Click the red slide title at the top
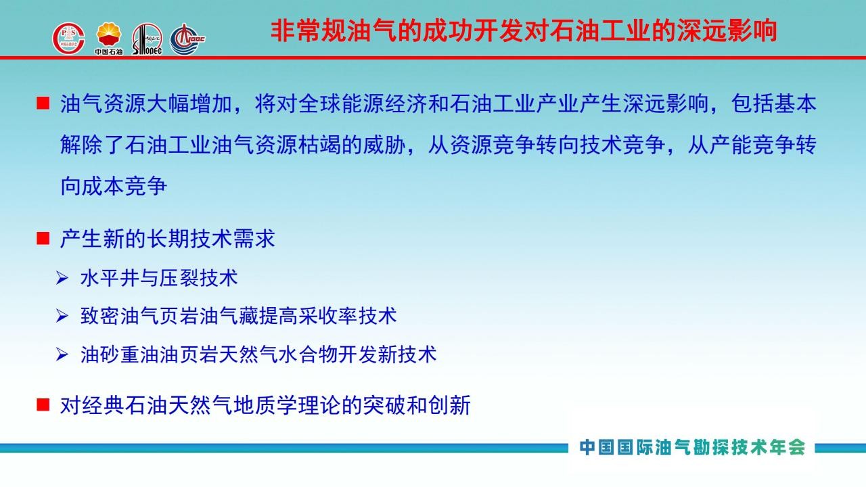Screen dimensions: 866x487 click(x=524, y=31)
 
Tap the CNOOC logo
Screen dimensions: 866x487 click(x=187, y=39)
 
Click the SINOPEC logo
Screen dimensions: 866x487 click(x=147, y=39)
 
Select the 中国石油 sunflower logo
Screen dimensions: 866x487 click(x=109, y=39)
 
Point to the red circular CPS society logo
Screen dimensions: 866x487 click(x=69, y=39)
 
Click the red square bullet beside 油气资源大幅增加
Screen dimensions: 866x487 click(x=43, y=103)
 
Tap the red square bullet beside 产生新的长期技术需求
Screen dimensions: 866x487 click(x=43, y=239)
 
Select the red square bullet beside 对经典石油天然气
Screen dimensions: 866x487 click(x=43, y=405)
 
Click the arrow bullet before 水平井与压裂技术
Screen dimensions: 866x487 click(x=62, y=278)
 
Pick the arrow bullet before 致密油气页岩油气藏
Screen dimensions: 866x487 click(x=62, y=316)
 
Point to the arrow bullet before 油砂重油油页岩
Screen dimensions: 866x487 click(x=62, y=354)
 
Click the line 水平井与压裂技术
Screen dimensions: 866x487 click(x=159, y=278)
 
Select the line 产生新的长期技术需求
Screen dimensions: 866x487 click(x=167, y=239)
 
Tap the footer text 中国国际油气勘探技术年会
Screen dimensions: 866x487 click(x=692, y=447)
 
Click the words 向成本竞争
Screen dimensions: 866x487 click(x=114, y=186)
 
